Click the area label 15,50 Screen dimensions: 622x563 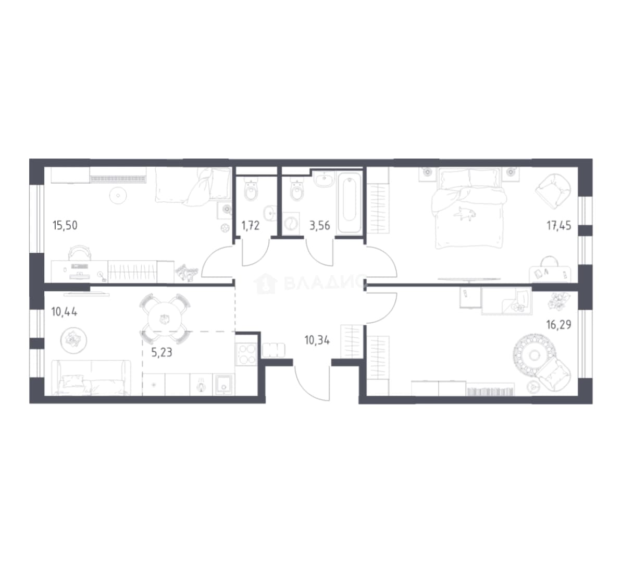pyautogui.click(x=65, y=226)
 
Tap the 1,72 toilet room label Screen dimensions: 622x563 pyautogui.click(x=250, y=226)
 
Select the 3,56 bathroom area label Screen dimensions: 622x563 pyautogui.click(x=320, y=226)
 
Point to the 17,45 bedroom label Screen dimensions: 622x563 pyautogui.click(x=559, y=226)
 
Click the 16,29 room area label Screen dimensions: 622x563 pyautogui.click(x=559, y=325)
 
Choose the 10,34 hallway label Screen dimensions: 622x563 pyautogui.click(x=317, y=340)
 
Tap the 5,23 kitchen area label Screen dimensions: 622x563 pyautogui.click(x=162, y=352)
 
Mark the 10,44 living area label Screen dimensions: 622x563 pyautogui.click(x=64, y=312)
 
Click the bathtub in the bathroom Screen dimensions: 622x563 pyautogui.click(x=350, y=202)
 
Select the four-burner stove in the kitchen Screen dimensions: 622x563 pyautogui.click(x=246, y=354)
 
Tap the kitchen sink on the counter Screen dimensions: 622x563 pyautogui.click(x=224, y=384)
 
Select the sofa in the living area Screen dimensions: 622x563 pyautogui.click(x=92, y=377)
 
